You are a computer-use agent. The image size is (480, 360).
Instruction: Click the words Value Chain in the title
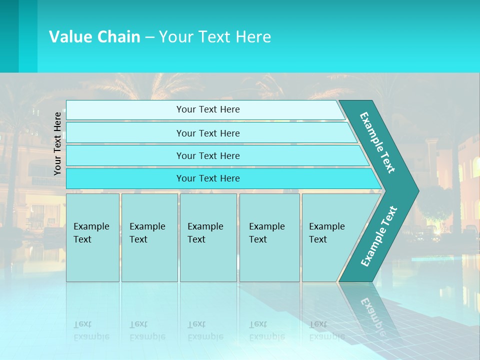pos(94,37)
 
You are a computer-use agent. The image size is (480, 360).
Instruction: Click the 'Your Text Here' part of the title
pos(215,37)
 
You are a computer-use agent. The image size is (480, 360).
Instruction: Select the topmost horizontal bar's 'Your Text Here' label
pos(208,109)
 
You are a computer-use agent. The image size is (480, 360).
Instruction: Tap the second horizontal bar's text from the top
pos(208,133)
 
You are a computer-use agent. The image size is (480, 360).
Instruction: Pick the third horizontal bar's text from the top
pos(208,156)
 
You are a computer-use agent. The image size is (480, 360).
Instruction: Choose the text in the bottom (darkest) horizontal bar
pos(208,178)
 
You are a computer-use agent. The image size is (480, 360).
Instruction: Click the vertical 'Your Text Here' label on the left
pos(57,143)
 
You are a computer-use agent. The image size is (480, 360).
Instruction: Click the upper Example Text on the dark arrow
pos(377,142)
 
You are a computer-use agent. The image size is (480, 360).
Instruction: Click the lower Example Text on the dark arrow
pos(378,236)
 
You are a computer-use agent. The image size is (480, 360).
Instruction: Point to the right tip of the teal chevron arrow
pos(417,190)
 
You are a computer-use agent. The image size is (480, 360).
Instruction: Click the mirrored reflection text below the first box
pos(91,330)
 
